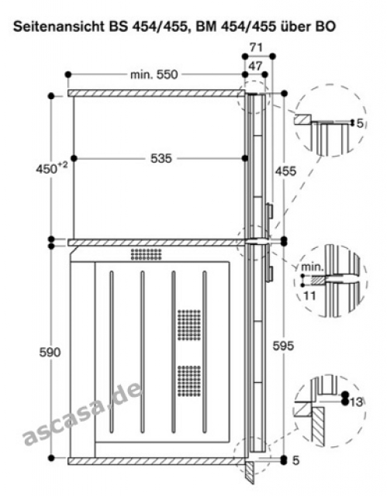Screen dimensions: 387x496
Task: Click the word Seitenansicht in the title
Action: pos(58,26)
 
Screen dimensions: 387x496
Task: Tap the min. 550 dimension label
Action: pos(154,75)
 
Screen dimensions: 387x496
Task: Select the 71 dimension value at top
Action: pos(256,47)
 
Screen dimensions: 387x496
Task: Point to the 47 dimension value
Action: pos(255,66)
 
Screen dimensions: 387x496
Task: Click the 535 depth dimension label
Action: pos(161,158)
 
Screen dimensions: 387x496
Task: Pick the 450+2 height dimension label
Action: pos(52,168)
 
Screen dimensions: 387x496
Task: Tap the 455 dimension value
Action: pos(285,171)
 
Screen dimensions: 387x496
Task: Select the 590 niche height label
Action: pos(50,352)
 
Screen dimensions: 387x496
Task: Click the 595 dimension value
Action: pos(283,346)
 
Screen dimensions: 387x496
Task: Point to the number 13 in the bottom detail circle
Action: pos(356,401)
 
